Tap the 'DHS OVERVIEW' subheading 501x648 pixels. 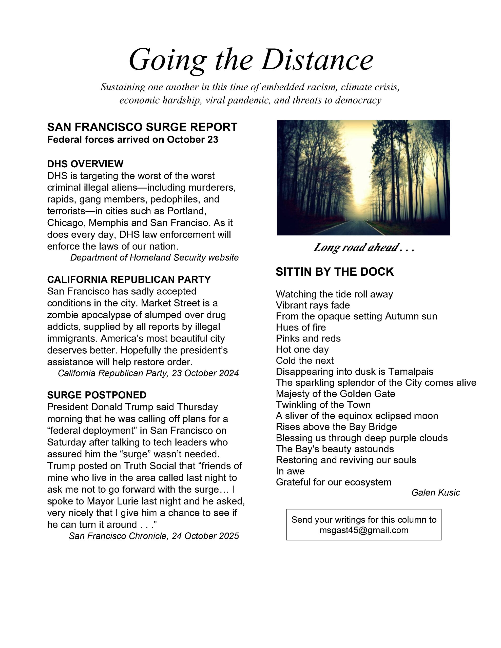[85, 164]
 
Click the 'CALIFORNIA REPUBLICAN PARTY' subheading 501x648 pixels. [129, 279]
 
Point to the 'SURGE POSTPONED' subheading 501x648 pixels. [97, 395]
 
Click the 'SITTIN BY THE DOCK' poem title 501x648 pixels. [335, 272]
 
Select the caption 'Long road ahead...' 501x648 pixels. [363, 248]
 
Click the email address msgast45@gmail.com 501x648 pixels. [364, 530]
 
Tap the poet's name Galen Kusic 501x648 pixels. [436, 493]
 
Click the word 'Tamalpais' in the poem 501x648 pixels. [411, 372]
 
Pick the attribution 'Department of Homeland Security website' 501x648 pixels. [155, 257]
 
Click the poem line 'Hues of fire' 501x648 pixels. [301, 327]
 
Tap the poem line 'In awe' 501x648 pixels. [290, 471]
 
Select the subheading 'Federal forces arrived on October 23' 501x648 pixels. [133, 140]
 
